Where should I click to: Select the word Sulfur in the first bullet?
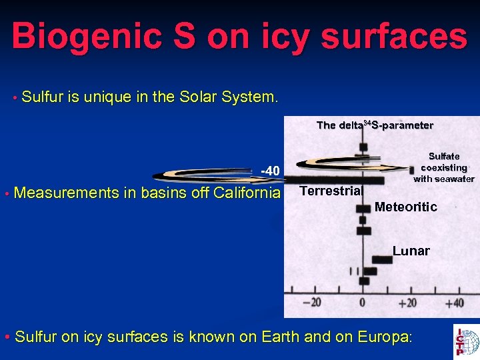(x=42, y=97)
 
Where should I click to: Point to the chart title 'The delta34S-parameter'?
(x=375, y=125)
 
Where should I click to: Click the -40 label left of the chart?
(x=269, y=171)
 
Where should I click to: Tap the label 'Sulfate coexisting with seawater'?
(x=443, y=167)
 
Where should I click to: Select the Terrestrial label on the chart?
(x=331, y=191)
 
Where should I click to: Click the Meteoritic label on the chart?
(x=405, y=207)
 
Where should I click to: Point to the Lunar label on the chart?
(x=411, y=251)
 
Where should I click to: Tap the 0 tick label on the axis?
(x=362, y=303)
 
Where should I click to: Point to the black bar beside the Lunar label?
(x=381, y=259)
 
